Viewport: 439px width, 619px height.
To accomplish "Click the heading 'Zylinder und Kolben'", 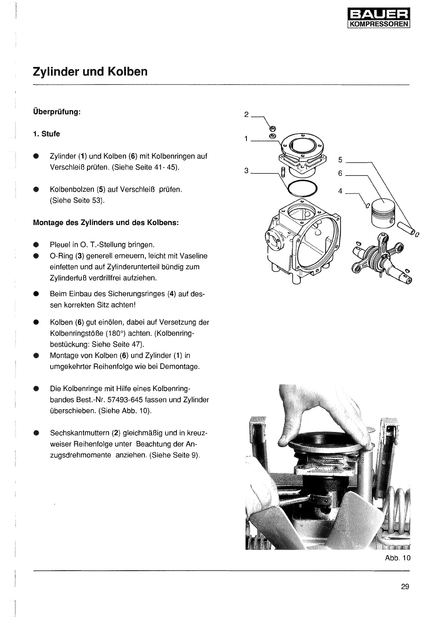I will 90,71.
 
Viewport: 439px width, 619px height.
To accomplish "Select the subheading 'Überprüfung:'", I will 57,111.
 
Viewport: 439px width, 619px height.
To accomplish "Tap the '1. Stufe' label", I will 46,134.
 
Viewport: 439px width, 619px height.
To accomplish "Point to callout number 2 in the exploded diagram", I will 246,114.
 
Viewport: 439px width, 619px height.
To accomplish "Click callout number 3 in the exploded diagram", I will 246,170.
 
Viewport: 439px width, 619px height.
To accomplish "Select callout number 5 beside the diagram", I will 340,160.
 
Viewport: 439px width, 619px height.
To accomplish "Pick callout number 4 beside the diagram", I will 340,191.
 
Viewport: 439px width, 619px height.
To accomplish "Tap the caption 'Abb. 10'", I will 398,558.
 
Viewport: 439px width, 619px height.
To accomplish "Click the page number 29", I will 405,587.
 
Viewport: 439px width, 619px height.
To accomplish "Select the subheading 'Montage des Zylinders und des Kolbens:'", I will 106,223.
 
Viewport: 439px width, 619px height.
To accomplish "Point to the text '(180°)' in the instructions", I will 116,333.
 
